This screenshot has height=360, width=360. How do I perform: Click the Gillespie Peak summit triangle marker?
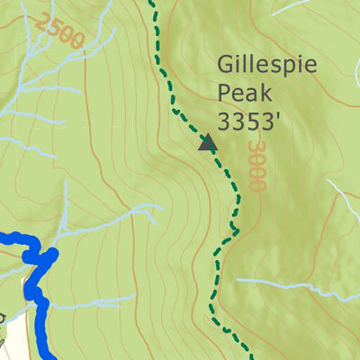[208, 142]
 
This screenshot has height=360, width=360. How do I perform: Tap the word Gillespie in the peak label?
[261, 65]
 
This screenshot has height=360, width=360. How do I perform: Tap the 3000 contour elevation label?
[256, 165]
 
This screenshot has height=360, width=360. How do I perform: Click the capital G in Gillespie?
[226, 65]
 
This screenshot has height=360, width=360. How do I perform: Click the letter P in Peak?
[224, 93]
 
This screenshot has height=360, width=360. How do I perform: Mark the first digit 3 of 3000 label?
[256, 147]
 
